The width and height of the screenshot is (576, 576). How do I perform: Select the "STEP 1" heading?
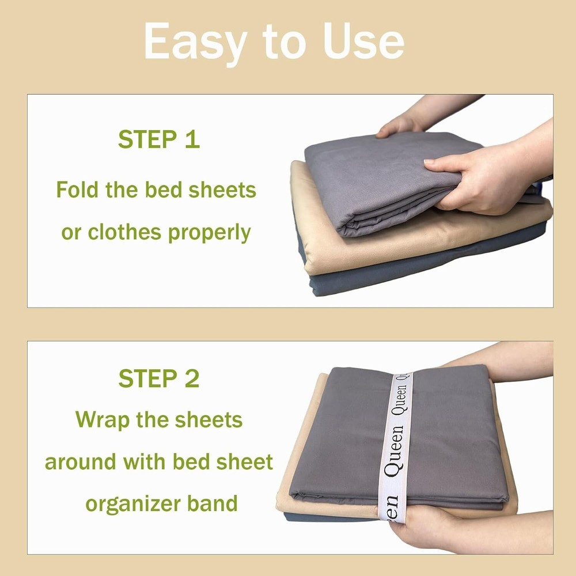click(158, 139)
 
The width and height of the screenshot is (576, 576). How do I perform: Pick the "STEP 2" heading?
click(158, 378)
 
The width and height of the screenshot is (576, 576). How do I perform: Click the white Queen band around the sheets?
click(397, 444)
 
